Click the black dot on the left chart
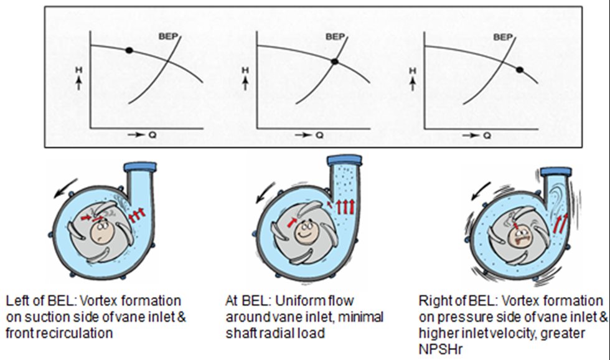click(129, 50)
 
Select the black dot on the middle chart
click(334, 61)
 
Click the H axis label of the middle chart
click(243, 72)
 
